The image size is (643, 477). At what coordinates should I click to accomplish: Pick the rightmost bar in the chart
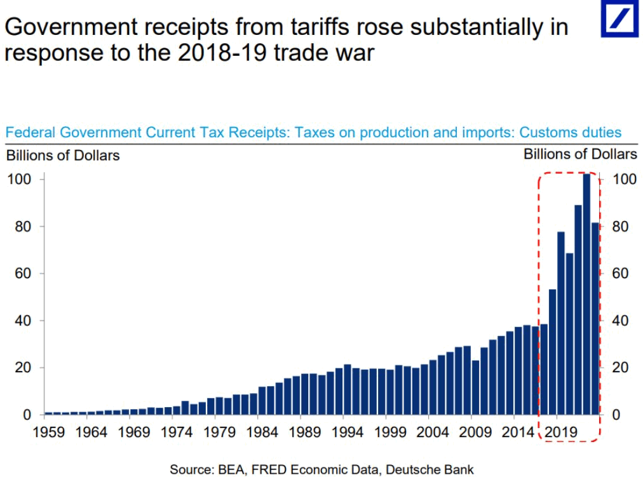595,318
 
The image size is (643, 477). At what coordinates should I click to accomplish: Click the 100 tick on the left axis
18,180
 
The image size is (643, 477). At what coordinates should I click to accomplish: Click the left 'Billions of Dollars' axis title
63,155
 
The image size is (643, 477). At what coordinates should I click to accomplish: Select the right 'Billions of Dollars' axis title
580,154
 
